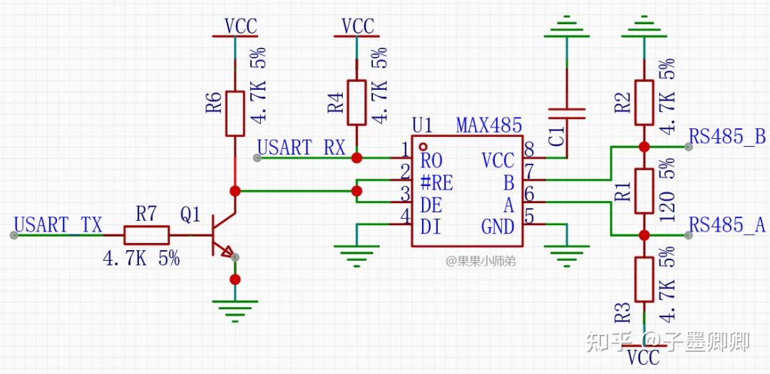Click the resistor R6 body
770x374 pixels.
click(x=235, y=113)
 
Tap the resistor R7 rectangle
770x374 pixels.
click(x=146, y=235)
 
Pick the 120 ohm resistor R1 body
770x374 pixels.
click(x=644, y=191)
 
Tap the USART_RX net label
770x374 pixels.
click(x=301, y=147)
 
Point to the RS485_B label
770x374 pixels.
click(x=727, y=137)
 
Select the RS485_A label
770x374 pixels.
click(x=727, y=226)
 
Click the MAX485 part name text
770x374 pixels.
click(x=489, y=126)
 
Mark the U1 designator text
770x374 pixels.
click(x=422, y=126)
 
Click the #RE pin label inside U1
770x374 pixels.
click(x=437, y=182)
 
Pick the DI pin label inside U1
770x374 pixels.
click(x=431, y=227)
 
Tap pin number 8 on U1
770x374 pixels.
click(x=530, y=149)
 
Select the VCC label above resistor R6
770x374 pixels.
click(x=240, y=26)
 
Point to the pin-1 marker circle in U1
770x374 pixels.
click(x=423, y=145)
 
